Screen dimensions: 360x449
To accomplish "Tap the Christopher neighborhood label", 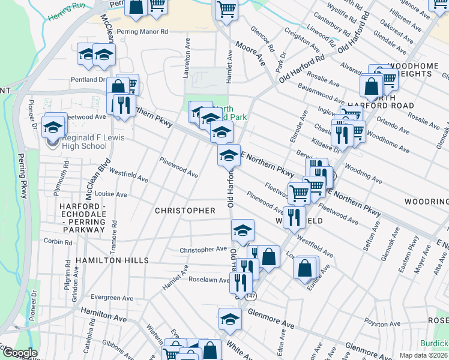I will point(185,211).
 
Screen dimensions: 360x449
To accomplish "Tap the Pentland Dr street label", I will point(88,79).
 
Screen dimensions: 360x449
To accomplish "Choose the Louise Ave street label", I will point(111,194).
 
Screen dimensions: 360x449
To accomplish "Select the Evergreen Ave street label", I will point(113,298).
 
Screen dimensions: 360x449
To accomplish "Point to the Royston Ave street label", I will point(382,323).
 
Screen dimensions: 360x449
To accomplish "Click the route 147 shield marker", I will point(250,296).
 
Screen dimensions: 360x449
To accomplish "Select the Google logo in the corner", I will point(20,353).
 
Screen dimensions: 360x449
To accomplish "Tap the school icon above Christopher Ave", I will point(243,230).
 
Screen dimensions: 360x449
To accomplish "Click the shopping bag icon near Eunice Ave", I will point(306,268).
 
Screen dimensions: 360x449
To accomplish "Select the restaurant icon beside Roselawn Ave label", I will point(240,282).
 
